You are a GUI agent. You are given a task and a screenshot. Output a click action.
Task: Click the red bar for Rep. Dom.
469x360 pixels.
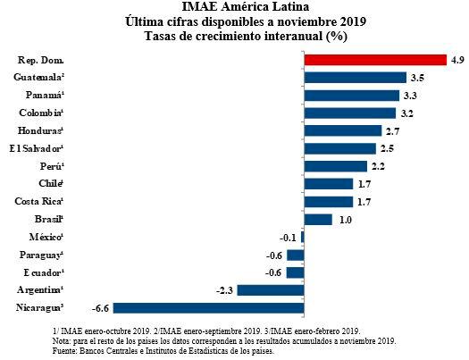[x=375, y=60]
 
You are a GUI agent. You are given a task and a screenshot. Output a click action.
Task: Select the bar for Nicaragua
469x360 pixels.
[x=208, y=308]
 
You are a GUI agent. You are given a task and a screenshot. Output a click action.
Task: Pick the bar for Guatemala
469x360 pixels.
[x=355, y=78]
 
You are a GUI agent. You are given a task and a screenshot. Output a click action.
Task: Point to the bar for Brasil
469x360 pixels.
[x=318, y=220]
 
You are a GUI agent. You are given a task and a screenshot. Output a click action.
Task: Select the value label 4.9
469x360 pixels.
[x=456, y=60]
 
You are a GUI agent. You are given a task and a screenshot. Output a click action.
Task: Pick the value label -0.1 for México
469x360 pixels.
[x=288, y=238]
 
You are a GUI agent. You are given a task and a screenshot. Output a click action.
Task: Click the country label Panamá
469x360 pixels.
[x=39, y=96]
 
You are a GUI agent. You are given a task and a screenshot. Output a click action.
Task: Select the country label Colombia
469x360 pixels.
[x=39, y=113]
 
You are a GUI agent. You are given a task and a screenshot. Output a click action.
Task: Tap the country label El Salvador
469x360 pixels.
[x=35, y=148]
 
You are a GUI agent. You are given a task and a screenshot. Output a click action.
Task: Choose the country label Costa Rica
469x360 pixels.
[x=37, y=202]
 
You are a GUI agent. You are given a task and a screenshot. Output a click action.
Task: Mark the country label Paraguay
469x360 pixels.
[x=38, y=255]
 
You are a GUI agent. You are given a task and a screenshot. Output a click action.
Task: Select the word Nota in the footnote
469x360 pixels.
[x=64, y=340]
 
